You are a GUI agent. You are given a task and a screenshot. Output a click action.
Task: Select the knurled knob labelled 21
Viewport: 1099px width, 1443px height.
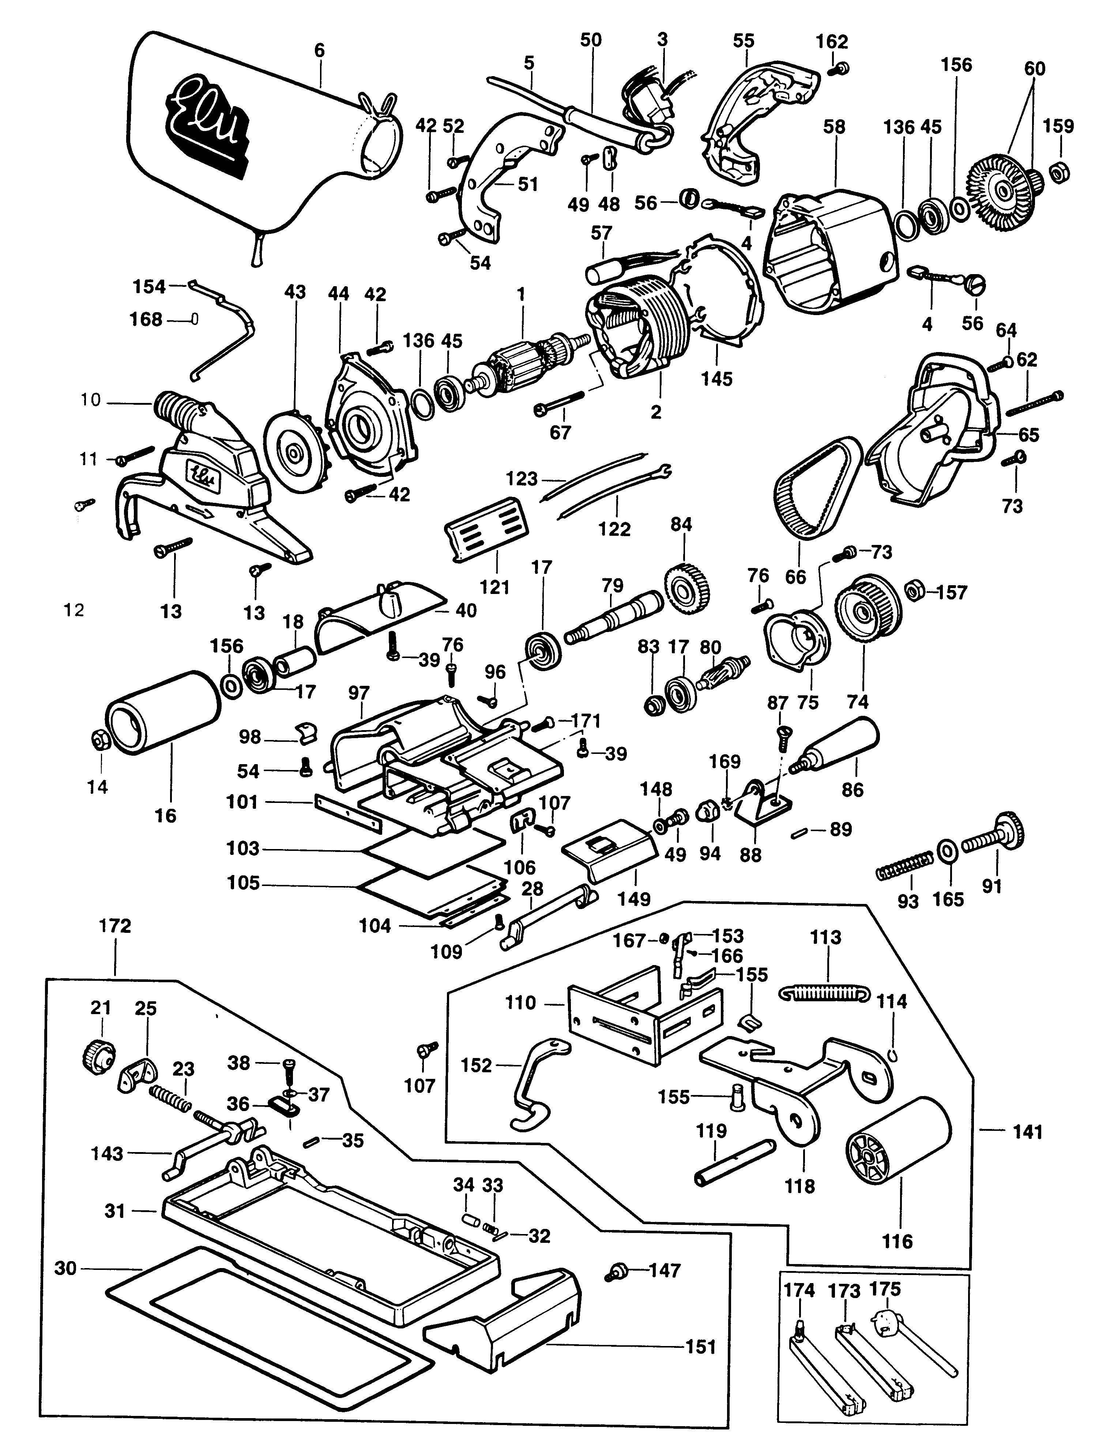pyautogui.click(x=98, y=1054)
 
